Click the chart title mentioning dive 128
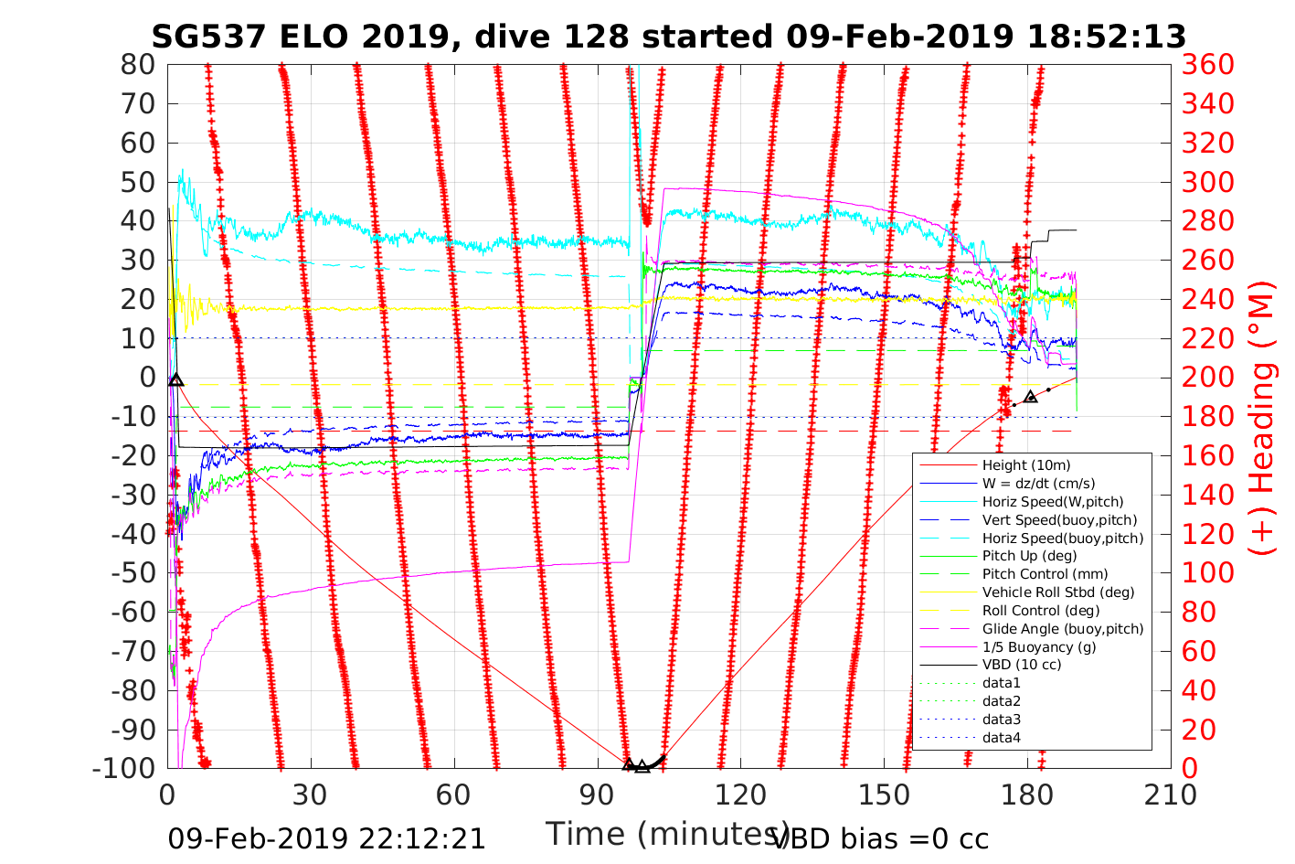[x=668, y=37]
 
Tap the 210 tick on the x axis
[x=1171, y=795]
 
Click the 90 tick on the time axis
[x=597, y=795]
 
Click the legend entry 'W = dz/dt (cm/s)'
[x=1038, y=484]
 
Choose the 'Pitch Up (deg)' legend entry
[x=1029, y=556]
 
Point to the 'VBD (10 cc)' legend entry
[x=1022, y=665]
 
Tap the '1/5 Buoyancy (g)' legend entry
[x=1039, y=646]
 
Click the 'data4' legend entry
[x=1001, y=737]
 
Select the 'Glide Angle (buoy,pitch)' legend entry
[x=1062, y=628]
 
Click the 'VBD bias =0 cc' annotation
[x=880, y=838]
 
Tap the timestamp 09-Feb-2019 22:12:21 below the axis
[x=326, y=838]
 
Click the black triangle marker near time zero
[x=176, y=380]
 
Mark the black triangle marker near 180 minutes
[x=1031, y=396]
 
